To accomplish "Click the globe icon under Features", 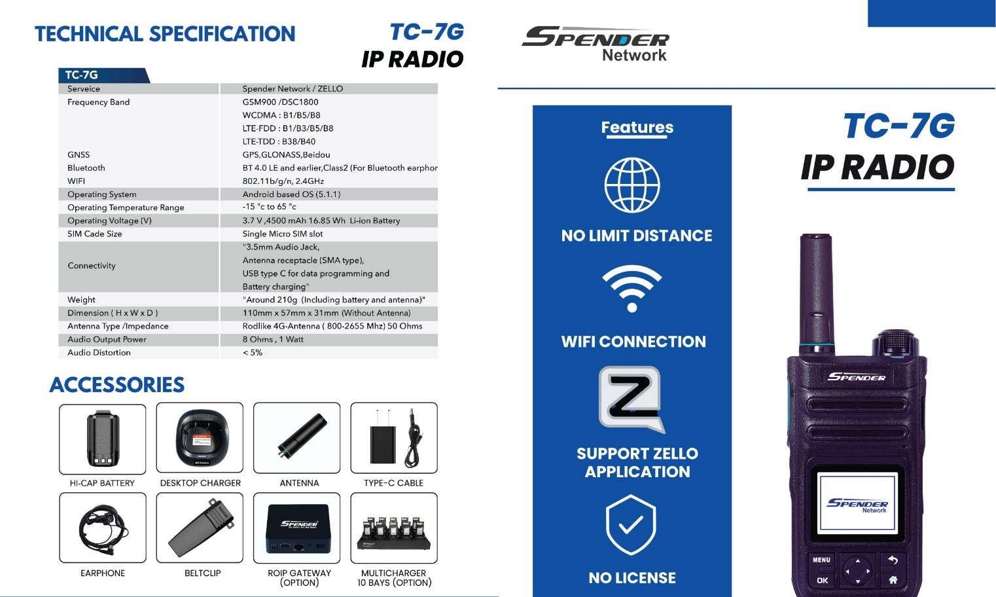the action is click(632, 185).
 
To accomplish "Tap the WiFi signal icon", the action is click(632, 288).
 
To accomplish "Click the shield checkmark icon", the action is click(631, 524).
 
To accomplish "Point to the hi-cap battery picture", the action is click(103, 438).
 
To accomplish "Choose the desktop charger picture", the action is click(200, 438).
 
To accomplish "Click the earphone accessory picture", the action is click(103, 528).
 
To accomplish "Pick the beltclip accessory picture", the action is click(200, 528).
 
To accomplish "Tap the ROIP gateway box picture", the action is click(298, 528).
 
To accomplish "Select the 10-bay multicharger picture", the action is click(394, 533).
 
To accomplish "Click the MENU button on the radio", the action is click(821, 560).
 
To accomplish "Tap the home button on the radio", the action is click(893, 579).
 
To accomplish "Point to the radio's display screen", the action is click(857, 503).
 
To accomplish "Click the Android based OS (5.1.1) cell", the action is click(291, 194).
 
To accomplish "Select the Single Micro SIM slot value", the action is click(282, 234).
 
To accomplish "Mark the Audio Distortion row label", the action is click(99, 353).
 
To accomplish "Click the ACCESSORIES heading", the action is click(117, 385).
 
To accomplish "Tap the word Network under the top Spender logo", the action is click(634, 56).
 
